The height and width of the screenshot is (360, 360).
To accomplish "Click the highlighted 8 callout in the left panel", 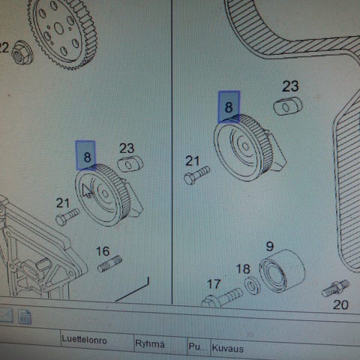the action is (x=85, y=155).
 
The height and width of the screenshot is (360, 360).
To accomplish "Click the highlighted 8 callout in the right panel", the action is (x=229, y=107).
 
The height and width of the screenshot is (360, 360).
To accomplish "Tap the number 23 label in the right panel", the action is (x=290, y=86).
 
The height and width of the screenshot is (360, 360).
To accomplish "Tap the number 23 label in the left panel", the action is (x=127, y=148).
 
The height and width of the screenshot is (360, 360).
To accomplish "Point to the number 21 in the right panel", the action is (x=193, y=160).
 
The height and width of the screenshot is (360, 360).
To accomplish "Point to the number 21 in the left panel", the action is (x=62, y=202).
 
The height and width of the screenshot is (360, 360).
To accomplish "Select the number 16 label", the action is (x=103, y=251).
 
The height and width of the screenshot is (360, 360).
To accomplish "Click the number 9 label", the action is (x=270, y=247).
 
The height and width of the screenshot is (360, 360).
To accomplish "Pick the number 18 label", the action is (x=243, y=269).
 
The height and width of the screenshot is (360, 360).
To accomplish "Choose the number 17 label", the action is (x=214, y=284).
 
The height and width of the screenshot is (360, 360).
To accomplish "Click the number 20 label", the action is (x=340, y=305).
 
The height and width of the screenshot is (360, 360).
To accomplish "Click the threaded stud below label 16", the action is (x=109, y=264).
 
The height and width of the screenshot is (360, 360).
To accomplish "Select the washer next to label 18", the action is (x=252, y=286).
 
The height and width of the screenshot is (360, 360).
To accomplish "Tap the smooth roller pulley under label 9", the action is (x=282, y=271).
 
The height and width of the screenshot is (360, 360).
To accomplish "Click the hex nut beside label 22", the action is (x=22, y=52).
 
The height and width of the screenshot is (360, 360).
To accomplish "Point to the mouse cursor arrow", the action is (x=87, y=190).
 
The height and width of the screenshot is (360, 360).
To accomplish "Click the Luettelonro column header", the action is (x=84, y=340).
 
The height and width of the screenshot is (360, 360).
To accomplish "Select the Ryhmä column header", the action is (x=150, y=343).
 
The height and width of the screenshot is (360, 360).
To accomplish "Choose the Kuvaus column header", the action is (x=227, y=348).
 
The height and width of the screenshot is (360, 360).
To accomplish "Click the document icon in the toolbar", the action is (x=25, y=316).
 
